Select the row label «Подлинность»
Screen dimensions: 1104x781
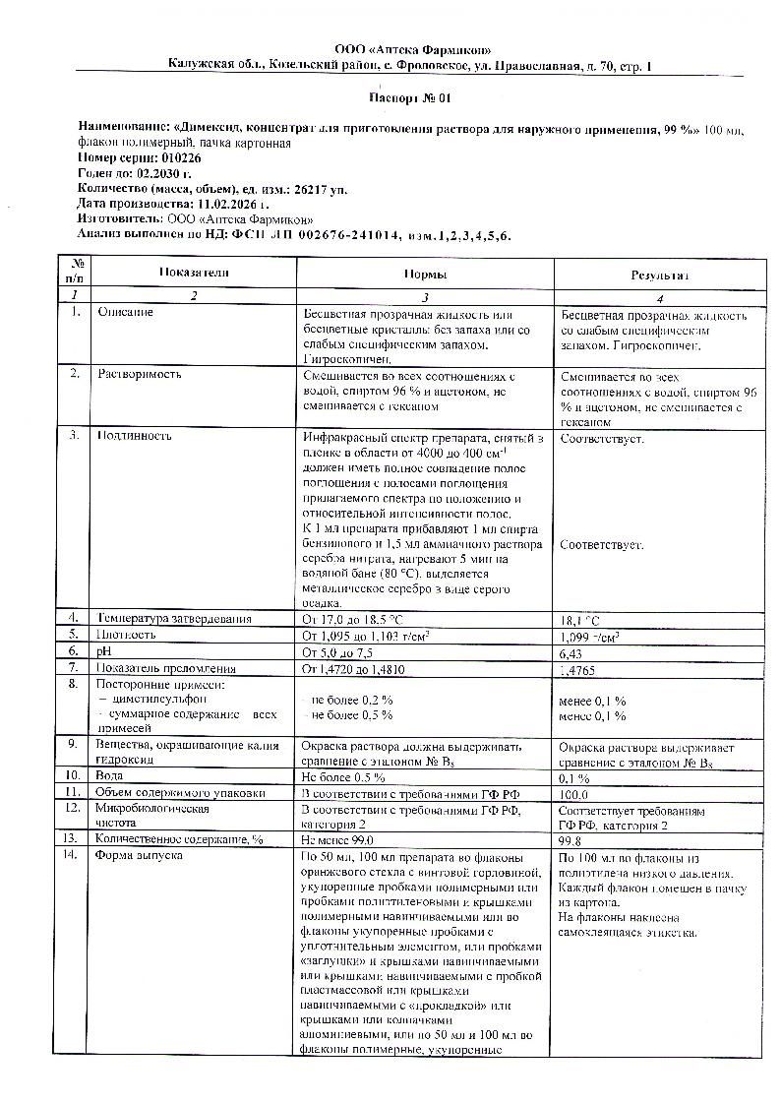[x=134, y=436]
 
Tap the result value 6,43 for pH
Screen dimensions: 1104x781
[x=571, y=652]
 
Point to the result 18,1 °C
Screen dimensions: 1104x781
[x=579, y=621]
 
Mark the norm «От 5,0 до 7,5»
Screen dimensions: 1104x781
[x=337, y=652]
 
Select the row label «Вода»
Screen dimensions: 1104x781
[x=109, y=775]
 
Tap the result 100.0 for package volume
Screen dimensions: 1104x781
[x=573, y=792]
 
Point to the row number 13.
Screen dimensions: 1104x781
[x=70, y=839]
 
